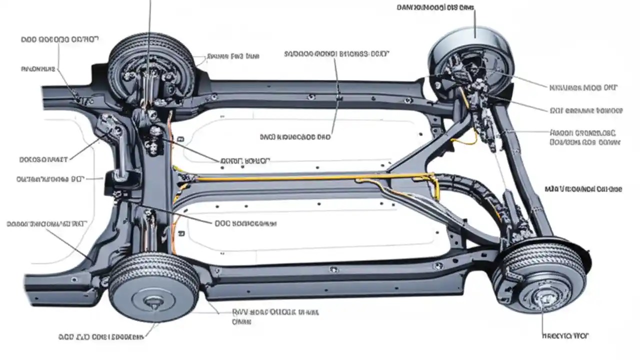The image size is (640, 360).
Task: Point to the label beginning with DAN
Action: click(434, 7)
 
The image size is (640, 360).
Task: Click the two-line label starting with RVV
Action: click(275, 316)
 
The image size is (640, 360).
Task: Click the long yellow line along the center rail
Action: click(300, 177)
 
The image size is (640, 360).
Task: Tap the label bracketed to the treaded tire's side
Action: click(232, 56)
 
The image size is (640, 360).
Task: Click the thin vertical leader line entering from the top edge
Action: click(149, 20)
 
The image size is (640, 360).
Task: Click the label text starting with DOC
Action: click(245, 224)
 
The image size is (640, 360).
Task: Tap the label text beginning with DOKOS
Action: click(43, 159)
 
